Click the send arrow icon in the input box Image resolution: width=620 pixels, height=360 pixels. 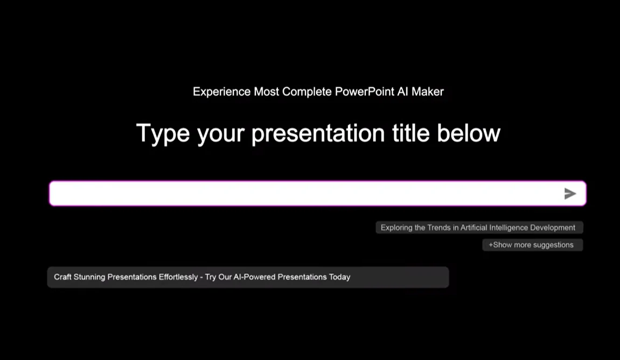pyautogui.click(x=570, y=193)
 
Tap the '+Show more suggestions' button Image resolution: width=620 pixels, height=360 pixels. pyautogui.click(x=532, y=245)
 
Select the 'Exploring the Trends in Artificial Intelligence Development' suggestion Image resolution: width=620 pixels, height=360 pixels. pyautogui.click(x=479, y=227)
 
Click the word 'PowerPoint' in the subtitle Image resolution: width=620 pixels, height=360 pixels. pyautogui.click(x=364, y=92)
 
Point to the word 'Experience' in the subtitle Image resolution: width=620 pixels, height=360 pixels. pyautogui.click(x=221, y=92)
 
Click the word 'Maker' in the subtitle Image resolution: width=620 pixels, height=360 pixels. pyautogui.click(x=428, y=92)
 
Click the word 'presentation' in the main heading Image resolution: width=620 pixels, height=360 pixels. pyautogui.click(x=318, y=133)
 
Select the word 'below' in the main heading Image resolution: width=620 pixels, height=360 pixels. pyautogui.click(x=468, y=133)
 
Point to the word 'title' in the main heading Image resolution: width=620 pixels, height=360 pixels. pyautogui.click(x=410, y=133)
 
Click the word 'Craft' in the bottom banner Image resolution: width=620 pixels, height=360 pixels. pyautogui.click(x=62, y=277)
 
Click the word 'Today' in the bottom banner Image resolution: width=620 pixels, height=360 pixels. pyautogui.click(x=340, y=277)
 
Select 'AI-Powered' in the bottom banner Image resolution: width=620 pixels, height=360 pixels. pyautogui.click(x=254, y=277)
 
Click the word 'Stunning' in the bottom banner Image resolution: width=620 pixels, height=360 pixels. pyautogui.click(x=89, y=278)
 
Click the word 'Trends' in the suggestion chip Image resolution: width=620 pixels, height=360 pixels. pyautogui.click(x=439, y=227)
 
